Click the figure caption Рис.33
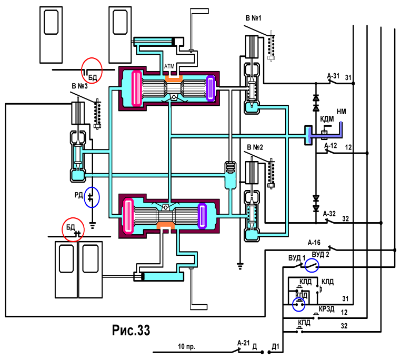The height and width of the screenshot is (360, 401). tap(131, 330)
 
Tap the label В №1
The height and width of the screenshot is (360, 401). tap(253, 18)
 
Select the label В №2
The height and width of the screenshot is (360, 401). tap(255, 147)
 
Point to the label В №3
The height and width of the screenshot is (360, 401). tap(79, 86)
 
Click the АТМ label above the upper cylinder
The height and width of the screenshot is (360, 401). tap(169, 66)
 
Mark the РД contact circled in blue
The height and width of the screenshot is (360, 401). tap(91, 197)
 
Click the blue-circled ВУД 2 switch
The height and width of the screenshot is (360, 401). tap(312, 266)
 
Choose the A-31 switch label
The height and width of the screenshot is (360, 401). tap(333, 76)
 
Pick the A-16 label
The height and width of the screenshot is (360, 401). tap(314, 242)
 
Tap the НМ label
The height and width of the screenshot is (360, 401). tap(342, 112)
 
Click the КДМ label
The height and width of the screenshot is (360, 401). tap(327, 119)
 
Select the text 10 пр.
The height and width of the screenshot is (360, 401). tap(186, 347)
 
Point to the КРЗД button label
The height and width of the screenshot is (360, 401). tap(327, 309)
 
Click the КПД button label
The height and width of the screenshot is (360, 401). tap(304, 323)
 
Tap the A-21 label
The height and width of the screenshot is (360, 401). tap(243, 343)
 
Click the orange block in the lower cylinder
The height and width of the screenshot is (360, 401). tap(165, 226)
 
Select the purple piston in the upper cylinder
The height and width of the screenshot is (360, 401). tap(210, 88)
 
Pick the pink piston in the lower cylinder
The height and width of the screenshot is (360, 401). tap(128, 216)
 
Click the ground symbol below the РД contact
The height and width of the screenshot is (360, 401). tap(92, 225)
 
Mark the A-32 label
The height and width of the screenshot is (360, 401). tap(329, 214)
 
